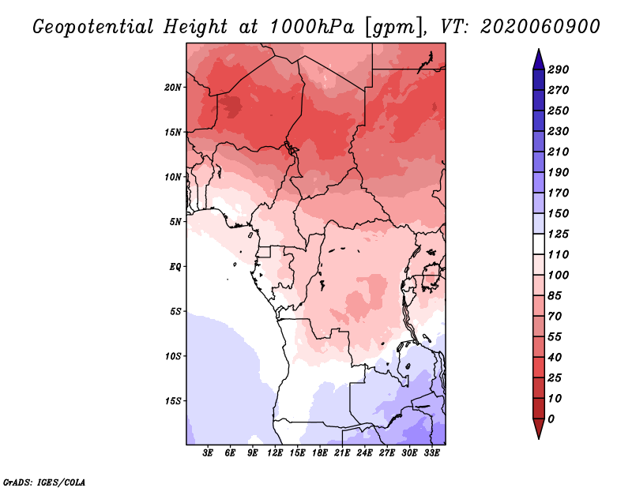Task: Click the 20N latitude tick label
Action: pyautogui.click(x=173, y=88)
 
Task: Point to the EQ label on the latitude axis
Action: pyautogui.click(x=175, y=267)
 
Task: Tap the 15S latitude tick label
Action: pyautogui.click(x=173, y=401)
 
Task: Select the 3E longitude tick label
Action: pyautogui.click(x=208, y=453)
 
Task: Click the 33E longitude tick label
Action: pyautogui.click(x=431, y=453)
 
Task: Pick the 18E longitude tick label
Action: pyautogui.click(x=320, y=453)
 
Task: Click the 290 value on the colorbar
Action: pyautogui.click(x=559, y=69)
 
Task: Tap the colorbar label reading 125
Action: pyautogui.click(x=559, y=234)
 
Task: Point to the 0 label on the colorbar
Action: pyautogui.click(x=551, y=419)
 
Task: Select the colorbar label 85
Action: pyautogui.click(x=555, y=296)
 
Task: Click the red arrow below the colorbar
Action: pyautogui.click(x=539, y=429)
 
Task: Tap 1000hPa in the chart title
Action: pyautogui.click(x=312, y=27)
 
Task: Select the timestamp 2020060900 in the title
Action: pyautogui.click(x=540, y=27)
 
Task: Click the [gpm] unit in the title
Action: pyautogui.click(x=396, y=28)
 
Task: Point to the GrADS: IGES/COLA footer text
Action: pyautogui.click(x=44, y=482)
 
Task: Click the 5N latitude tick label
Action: pyautogui.click(x=175, y=222)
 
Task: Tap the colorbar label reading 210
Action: pyautogui.click(x=559, y=152)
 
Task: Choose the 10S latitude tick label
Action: pyautogui.click(x=173, y=356)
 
